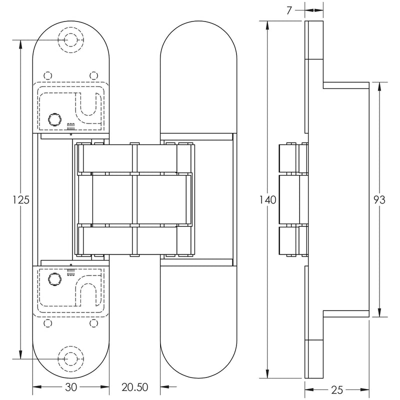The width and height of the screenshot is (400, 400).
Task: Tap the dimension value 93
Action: tap(379, 200)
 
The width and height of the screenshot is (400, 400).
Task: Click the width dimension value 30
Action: tap(71, 386)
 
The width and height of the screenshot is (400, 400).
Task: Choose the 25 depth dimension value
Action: tap(336, 389)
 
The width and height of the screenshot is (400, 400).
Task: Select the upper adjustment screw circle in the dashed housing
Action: tap(52, 118)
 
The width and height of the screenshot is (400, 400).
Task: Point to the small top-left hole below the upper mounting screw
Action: tap(48, 75)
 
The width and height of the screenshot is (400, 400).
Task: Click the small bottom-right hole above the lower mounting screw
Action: tap(93, 323)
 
